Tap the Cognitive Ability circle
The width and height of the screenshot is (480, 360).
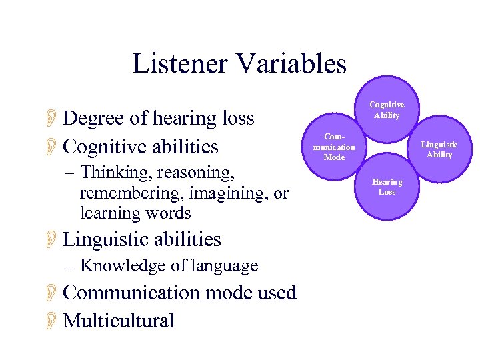point(387,110)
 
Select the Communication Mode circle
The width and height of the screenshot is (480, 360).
point(334,147)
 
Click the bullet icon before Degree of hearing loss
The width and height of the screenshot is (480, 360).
point(53,119)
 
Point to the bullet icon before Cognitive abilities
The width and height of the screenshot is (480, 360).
point(53,147)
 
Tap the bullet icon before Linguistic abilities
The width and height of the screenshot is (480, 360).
point(53,239)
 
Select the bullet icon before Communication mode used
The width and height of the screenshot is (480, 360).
point(53,293)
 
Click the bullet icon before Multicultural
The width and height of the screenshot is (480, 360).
point(53,321)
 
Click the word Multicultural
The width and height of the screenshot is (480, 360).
point(118,321)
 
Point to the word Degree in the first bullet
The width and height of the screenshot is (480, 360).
point(93,119)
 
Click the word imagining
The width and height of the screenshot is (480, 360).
point(228,193)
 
